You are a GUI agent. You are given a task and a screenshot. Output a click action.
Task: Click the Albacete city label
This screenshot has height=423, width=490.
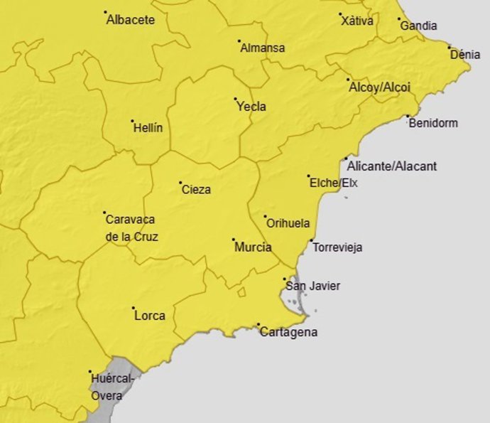(x=130, y=20)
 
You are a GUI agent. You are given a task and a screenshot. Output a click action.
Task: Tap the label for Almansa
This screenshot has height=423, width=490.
(x=263, y=48)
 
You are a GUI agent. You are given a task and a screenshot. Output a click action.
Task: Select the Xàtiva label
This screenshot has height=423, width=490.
(x=357, y=21)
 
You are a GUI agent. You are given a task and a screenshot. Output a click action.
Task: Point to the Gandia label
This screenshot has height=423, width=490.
(x=418, y=26)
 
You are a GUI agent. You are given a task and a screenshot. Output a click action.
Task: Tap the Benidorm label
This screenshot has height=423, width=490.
(x=433, y=123)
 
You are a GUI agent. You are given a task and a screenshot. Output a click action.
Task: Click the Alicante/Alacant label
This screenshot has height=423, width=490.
(x=392, y=166)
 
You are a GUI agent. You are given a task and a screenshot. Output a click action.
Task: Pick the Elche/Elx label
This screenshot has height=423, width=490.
(x=334, y=183)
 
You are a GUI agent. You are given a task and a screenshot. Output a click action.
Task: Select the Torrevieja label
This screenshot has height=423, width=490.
(x=337, y=247)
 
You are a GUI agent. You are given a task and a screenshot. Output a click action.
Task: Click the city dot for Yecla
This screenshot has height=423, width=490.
(x=236, y=99)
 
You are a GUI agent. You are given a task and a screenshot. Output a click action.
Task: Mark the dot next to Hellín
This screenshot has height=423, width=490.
(x=133, y=122)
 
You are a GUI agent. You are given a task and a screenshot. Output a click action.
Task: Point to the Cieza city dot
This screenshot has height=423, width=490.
(x=180, y=183)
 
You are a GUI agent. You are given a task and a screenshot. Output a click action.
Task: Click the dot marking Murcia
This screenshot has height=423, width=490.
(x=233, y=240)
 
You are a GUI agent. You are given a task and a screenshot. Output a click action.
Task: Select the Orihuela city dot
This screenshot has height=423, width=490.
(x=265, y=217)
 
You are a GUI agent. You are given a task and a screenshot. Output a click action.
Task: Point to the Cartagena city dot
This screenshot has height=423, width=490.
(x=258, y=325)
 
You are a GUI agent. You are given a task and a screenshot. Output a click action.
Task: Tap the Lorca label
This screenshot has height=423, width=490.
(x=150, y=315)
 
